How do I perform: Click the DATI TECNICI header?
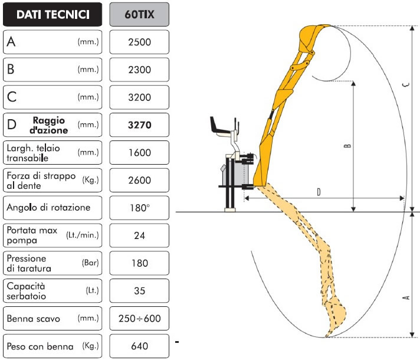coord(52,15)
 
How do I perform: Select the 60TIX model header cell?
coord(139,15)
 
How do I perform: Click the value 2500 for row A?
coord(139,42)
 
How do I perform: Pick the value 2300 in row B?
coord(139,70)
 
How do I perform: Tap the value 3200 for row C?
coord(139,97)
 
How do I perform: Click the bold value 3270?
coord(139,125)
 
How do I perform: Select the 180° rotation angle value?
coord(140,208)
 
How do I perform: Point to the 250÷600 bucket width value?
coord(140,319)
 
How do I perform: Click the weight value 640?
coord(139,346)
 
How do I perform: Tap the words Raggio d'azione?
coord(49,125)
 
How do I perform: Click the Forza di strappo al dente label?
coord(41,181)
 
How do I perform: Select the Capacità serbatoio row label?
coord(26,291)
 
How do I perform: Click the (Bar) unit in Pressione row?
coord(90,263)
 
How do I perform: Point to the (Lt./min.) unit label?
coord(83,235)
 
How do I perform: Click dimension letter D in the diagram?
coord(319,192)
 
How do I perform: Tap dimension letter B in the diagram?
coord(347,146)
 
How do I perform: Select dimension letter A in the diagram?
coord(406,297)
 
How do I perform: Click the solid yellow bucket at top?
coord(311,38)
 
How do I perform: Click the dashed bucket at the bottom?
coord(335,316)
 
